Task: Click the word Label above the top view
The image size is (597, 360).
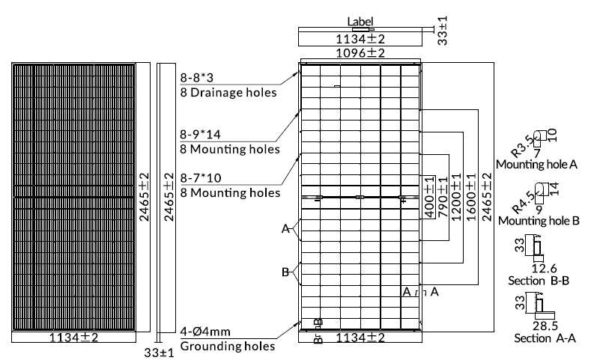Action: tap(360, 22)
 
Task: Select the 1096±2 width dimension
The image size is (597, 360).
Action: tap(360, 53)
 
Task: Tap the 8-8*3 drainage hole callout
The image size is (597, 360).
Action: tap(197, 78)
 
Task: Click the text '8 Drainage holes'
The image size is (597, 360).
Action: tap(228, 93)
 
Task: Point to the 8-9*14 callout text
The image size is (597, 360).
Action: tap(200, 134)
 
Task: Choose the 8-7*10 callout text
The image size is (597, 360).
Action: tap(201, 177)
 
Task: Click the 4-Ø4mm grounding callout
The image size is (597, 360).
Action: tap(205, 332)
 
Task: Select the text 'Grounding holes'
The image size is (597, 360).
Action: tap(227, 346)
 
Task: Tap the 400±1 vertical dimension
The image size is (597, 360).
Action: tap(429, 197)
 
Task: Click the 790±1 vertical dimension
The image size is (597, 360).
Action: tap(443, 197)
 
